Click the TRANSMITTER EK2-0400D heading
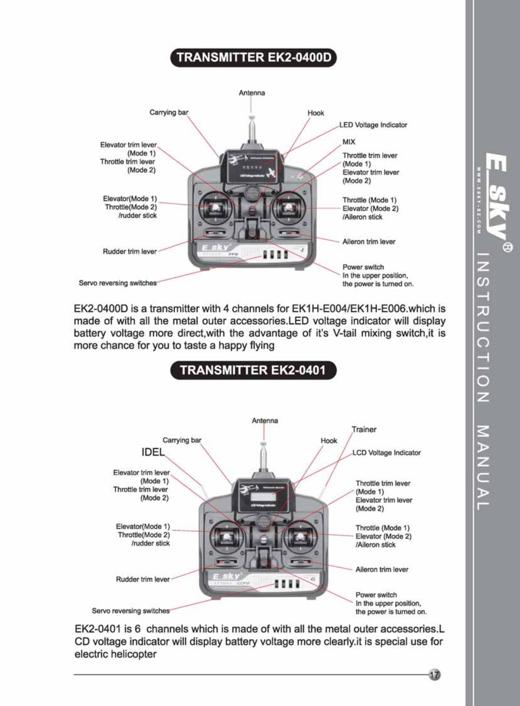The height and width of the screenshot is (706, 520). click(253, 58)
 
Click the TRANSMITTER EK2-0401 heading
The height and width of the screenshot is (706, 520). click(253, 370)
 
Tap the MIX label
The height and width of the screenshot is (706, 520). click(349, 142)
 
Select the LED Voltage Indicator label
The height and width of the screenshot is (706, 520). click(373, 125)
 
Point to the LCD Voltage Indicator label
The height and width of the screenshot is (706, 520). click(386, 452)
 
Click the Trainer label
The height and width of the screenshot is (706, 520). click(364, 429)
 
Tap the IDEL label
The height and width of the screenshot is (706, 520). click(153, 452)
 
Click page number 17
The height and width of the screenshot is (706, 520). click(435, 675)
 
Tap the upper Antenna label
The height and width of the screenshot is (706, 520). click(252, 93)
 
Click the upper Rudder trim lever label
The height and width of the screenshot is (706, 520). click(129, 251)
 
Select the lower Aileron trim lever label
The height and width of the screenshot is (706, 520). click(381, 569)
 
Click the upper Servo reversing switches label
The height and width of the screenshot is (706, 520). click(118, 283)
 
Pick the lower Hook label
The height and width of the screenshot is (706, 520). click(329, 441)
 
